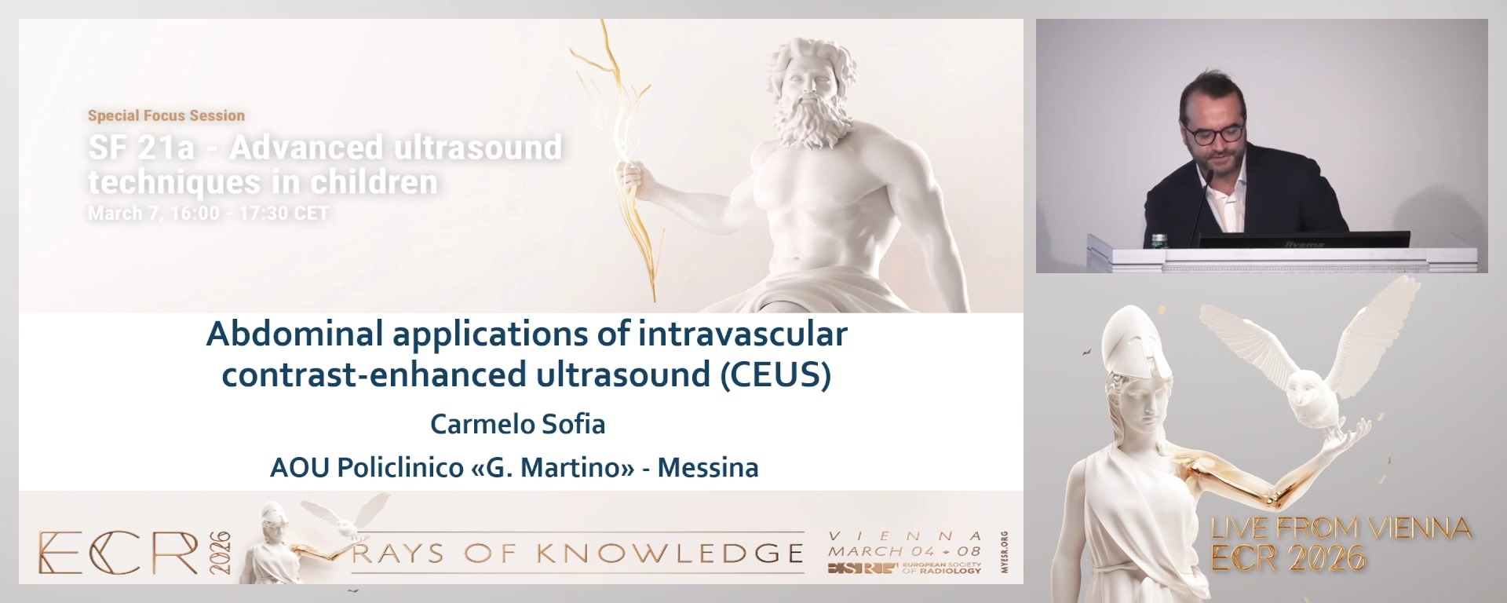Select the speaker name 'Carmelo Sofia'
[517, 425]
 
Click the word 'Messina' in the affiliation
[707, 468]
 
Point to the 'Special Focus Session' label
[166, 115]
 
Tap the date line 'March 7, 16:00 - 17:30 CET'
[208, 214]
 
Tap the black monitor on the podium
[1303, 239]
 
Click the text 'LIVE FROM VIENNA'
[1341, 528]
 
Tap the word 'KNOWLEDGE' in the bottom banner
[671, 554]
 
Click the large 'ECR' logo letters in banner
[118, 553]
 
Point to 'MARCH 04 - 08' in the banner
[904, 551]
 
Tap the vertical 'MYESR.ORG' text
[1005, 553]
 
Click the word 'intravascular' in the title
[743, 335]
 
